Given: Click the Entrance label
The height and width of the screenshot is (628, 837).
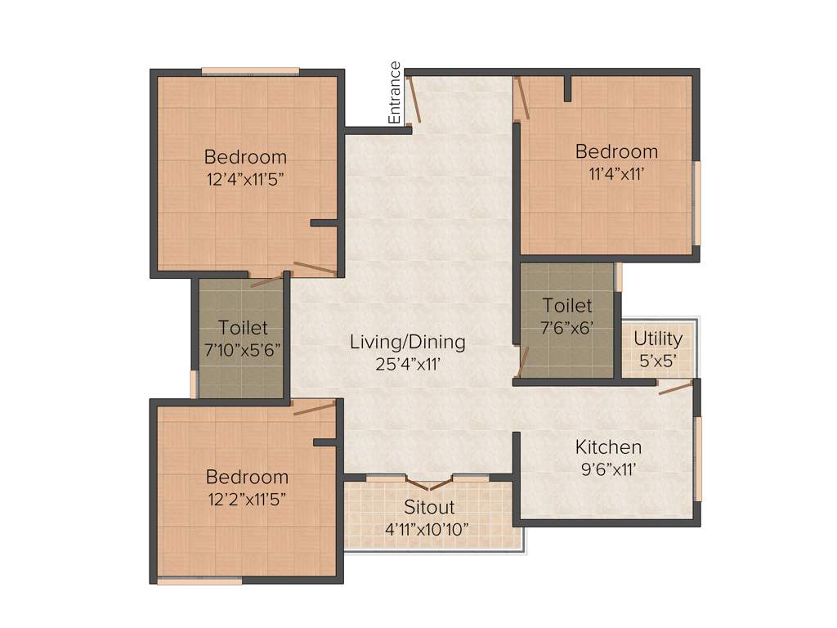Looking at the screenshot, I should pos(396,92).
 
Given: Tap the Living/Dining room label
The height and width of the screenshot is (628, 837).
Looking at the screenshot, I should pos(407,342).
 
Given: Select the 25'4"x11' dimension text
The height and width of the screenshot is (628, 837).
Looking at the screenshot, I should pos(407,363).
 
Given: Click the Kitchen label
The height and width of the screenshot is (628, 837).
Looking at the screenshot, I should pos(608,447).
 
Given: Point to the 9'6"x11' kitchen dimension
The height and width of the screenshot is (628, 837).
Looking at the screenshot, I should pos(608,469).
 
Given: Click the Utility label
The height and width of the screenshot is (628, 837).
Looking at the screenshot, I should pos(658,338).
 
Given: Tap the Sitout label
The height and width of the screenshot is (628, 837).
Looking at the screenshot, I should pos(429,508).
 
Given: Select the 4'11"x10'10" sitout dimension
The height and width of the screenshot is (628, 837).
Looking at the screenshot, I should pos(427,529).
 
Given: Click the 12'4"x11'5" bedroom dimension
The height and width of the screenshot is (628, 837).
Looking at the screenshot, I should pos(245,177).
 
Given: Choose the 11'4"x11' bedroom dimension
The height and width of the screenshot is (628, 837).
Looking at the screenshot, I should pos(616,173).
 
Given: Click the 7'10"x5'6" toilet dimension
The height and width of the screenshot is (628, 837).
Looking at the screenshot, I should pos(243,349).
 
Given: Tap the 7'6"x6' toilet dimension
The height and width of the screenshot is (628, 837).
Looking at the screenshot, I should pos(567,327).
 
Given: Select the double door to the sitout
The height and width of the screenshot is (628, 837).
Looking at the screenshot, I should pos(430,482).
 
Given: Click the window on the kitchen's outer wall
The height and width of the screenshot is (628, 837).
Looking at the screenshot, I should pos(697,458).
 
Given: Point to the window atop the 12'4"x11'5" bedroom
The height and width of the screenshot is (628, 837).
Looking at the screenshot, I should pos(250,71).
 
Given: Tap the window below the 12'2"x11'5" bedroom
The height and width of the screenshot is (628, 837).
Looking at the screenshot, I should pos(199,581).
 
